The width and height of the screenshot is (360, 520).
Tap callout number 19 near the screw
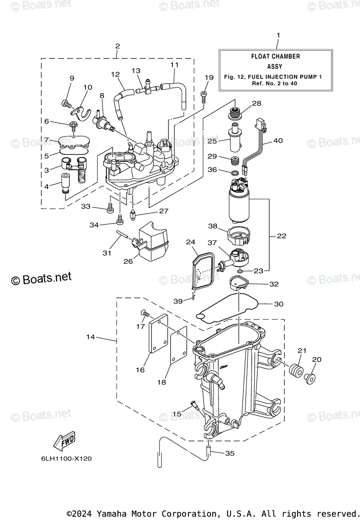tap(209, 77)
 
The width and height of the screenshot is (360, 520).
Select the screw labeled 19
tap(204, 97)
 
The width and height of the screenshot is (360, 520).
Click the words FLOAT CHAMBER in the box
tap(276, 56)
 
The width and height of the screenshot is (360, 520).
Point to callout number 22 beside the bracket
tap(282, 236)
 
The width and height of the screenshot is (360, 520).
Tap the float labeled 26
tap(153, 241)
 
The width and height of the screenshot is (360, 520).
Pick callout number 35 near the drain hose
tap(230, 453)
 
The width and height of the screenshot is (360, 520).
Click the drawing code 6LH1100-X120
tap(67, 458)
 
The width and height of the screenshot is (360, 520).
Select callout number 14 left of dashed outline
tap(91, 337)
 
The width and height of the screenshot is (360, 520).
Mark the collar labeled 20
tap(310, 379)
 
